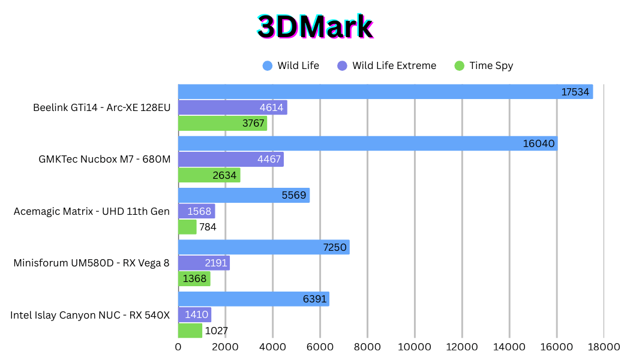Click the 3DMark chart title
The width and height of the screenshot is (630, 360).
315,28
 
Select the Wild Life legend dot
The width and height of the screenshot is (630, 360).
268,66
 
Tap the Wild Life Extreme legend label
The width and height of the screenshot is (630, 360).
394,66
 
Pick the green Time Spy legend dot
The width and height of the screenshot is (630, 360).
460,66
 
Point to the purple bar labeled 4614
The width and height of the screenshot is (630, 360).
233,107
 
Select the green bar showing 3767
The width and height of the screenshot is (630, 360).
222,124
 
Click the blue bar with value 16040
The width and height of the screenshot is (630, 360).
367,143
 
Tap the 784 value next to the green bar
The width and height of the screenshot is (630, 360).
208,227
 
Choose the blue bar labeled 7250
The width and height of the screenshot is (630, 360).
263,247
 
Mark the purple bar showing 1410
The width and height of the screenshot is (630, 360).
194,315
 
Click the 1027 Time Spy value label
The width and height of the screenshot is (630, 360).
217,331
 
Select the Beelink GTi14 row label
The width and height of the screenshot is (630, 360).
101,108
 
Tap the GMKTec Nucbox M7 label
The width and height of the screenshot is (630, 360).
104,160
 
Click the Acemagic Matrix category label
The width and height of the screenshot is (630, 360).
92,211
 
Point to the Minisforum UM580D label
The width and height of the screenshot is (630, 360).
92,263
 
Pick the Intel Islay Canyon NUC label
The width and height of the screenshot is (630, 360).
90,315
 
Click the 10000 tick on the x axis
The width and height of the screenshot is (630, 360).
415,347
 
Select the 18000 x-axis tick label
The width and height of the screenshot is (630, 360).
604,347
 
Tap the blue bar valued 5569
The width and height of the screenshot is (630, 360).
244,196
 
